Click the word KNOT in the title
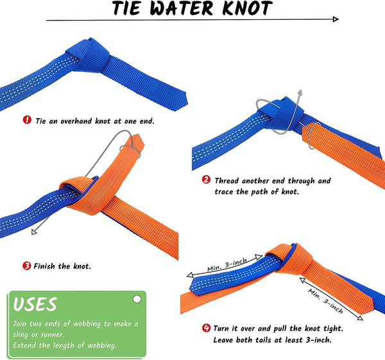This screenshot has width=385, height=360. (x=243, y=9)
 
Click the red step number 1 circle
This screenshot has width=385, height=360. (x=27, y=120)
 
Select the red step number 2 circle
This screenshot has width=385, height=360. (x=206, y=181)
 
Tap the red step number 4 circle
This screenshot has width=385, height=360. (x=206, y=328)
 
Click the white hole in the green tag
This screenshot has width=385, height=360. (x=136, y=299)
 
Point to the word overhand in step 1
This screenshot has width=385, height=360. (x=80, y=120)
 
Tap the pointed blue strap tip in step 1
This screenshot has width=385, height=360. (x=183, y=101)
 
